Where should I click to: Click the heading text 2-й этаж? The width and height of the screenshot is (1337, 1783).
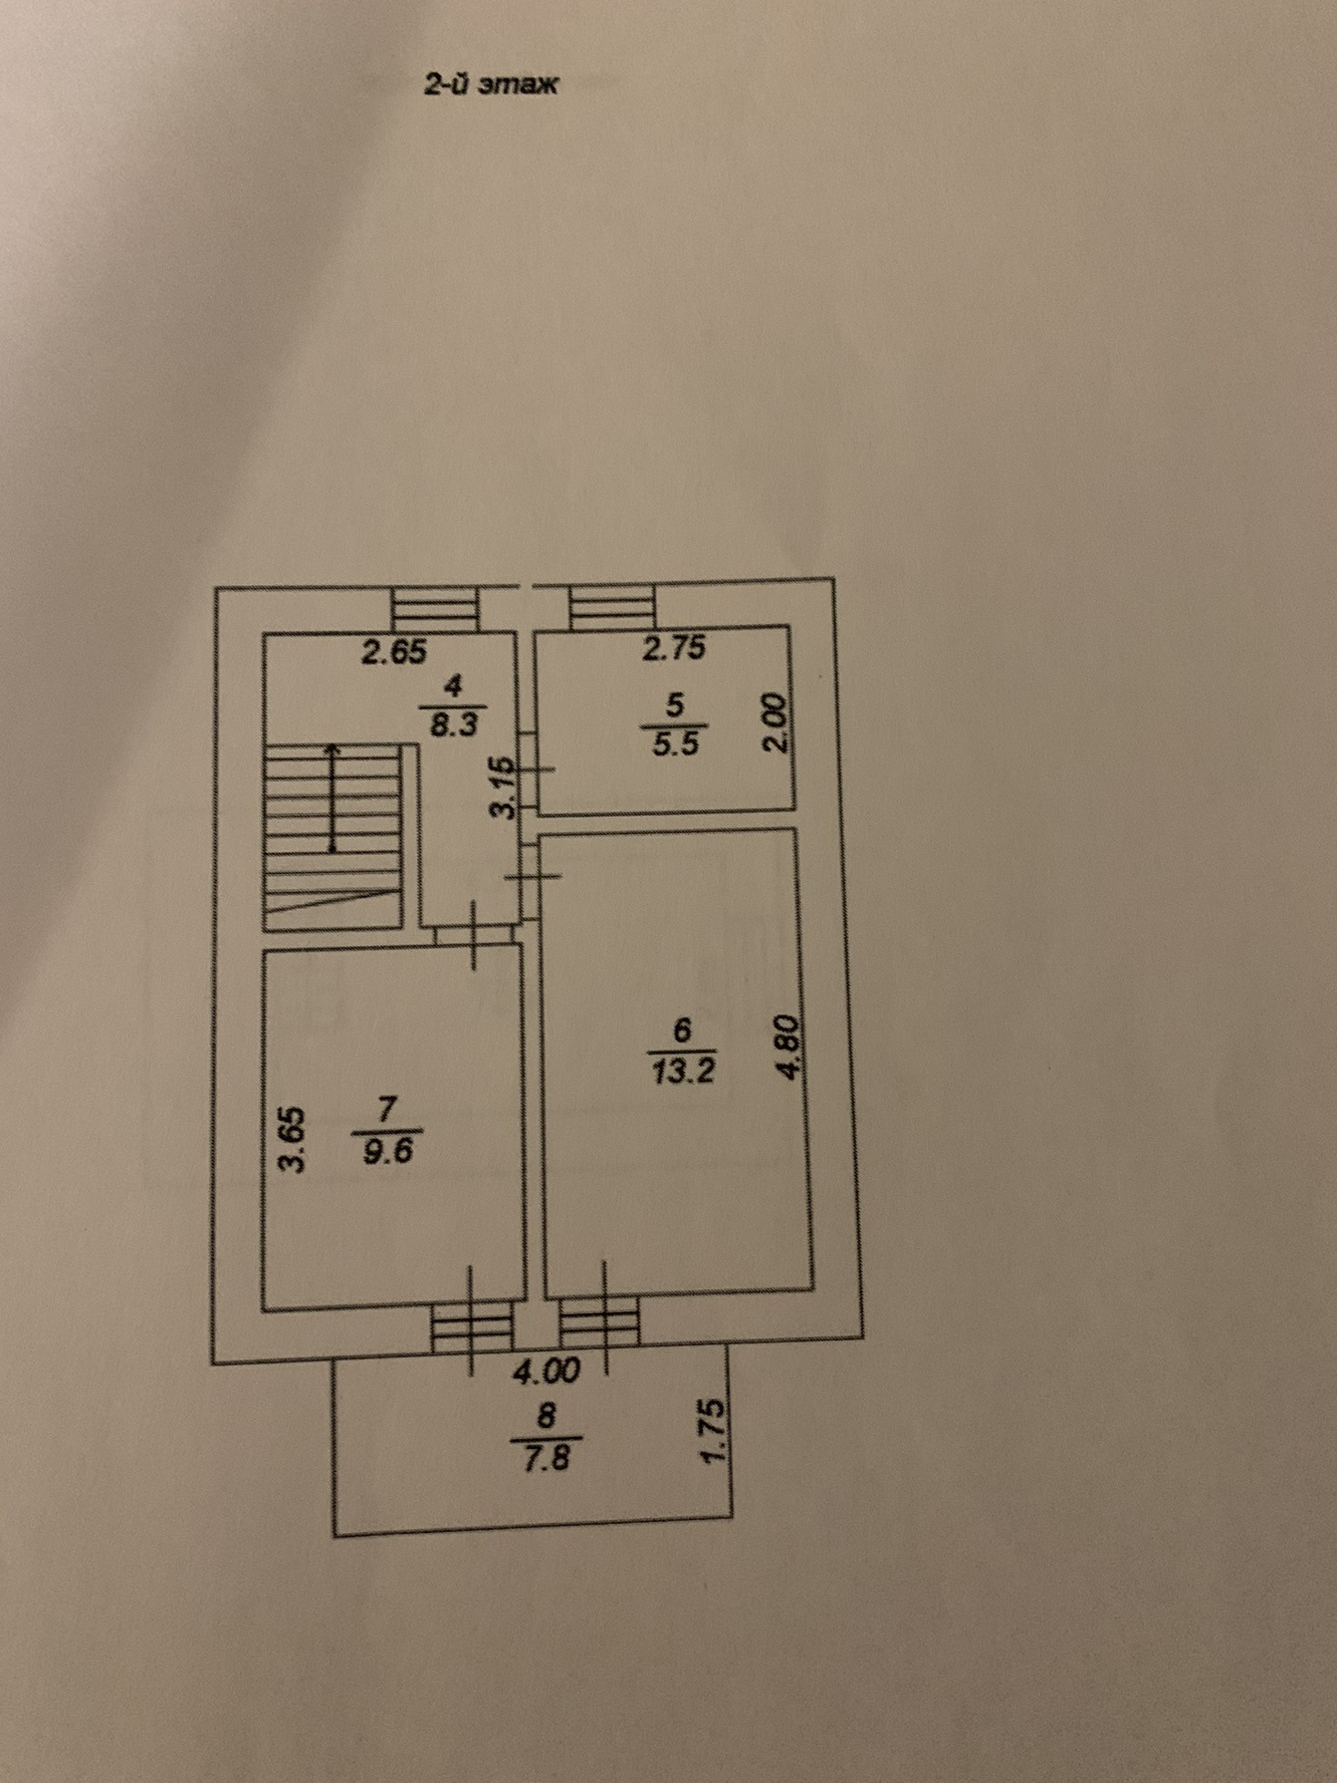click(x=491, y=85)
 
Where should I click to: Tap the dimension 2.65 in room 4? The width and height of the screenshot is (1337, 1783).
click(x=394, y=652)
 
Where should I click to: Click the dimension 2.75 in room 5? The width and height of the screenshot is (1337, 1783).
click(x=674, y=649)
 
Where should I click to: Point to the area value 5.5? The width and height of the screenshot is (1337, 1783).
click(x=675, y=743)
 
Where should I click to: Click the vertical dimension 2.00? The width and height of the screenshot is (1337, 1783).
click(x=772, y=722)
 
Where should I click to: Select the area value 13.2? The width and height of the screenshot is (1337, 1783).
click(x=683, y=1072)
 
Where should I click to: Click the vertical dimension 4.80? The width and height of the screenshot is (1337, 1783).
click(x=790, y=1047)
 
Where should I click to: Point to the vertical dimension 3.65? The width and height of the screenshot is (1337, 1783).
click(x=292, y=1140)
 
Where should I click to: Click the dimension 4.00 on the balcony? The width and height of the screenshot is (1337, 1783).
click(x=546, y=1372)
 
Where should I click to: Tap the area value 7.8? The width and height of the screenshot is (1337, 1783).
click(x=545, y=1458)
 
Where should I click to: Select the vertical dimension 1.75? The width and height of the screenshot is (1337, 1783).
click(x=714, y=1431)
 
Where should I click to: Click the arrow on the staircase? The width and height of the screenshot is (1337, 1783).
click(x=333, y=798)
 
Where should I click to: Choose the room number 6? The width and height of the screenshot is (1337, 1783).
click(x=682, y=1031)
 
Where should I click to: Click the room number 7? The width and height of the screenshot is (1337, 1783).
click(x=387, y=1110)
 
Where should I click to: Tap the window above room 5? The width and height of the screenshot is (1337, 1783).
click(x=611, y=606)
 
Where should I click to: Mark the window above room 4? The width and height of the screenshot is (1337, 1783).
click(x=435, y=608)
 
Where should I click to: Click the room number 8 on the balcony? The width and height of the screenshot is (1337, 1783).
click(x=546, y=1415)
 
